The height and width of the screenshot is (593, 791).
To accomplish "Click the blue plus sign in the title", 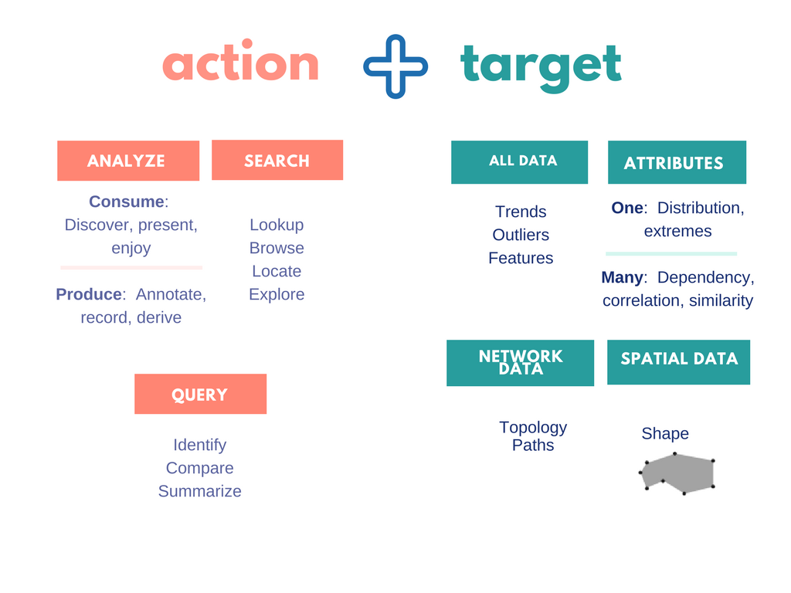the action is pyautogui.click(x=395, y=66).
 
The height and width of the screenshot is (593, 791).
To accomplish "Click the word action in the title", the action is pyautogui.click(x=240, y=64).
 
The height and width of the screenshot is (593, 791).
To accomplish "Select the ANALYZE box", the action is pyautogui.click(x=128, y=161).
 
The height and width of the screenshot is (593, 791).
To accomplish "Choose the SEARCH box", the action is pyautogui.click(x=277, y=161).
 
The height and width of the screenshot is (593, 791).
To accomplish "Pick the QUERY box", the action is pyautogui.click(x=200, y=395).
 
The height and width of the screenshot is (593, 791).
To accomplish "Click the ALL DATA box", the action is pyautogui.click(x=519, y=161).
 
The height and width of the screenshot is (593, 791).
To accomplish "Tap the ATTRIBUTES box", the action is pyautogui.click(x=677, y=163).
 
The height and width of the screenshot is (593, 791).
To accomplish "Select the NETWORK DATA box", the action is pyautogui.click(x=520, y=363).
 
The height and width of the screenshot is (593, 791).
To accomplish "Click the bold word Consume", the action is pyautogui.click(x=127, y=202).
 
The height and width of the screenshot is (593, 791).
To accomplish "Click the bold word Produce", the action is pyautogui.click(x=89, y=295).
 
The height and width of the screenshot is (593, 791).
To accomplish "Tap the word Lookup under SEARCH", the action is pyautogui.click(x=277, y=225).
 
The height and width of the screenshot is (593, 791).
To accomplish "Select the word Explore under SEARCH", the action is pyautogui.click(x=277, y=295).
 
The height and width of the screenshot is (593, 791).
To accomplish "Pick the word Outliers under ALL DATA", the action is pyautogui.click(x=521, y=235).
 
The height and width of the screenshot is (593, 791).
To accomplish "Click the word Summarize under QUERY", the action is pyautogui.click(x=200, y=492).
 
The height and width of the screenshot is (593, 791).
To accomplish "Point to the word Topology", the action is pyautogui.click(x=533, y=428).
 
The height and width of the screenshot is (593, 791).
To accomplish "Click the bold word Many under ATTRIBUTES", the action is pyautogui.click(x=622, y=278).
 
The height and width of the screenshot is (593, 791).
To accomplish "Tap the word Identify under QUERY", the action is pyautogui.click(x=200, y=446).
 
